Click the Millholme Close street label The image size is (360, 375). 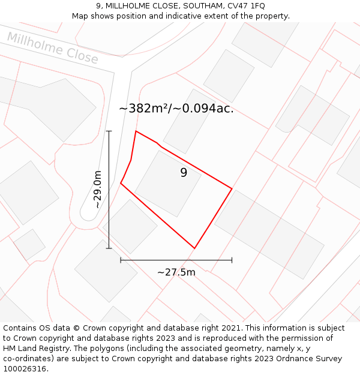pyautogui.click(x=53, y=48)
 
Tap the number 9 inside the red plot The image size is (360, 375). pyautogui.click(x=184, y=173)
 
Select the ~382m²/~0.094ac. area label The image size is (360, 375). pyautogui.click(x=176, y=109)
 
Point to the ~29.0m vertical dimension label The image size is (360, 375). pyautogui.click(x=97, y=190)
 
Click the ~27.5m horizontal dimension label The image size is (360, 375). pyautogui.click(x=176, y=272)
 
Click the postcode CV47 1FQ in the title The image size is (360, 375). pyautogui.click(x=243, y=6)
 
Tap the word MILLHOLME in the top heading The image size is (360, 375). pyautogui.click(x=128, y=6)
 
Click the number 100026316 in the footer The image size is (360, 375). pyautogui.click(x=25, y=368)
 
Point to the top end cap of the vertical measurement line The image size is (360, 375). pyautogui.click(x=109, y=131)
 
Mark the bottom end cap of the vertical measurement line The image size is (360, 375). pyautogui.click(x=109, y=248)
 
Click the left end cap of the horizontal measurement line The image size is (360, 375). pyautogui.click(x=121, y=260)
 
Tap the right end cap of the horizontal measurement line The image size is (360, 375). pyautogui.click(x=232, y=260)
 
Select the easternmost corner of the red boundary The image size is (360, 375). pyautogui.click(x=232, y=189)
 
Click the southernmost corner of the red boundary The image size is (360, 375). pyautogui.click(x=194, y=248)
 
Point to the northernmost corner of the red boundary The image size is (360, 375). pyautogui.click(x=136, y=131)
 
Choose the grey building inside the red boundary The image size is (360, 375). pyautogui.click(x=167, y=183)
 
